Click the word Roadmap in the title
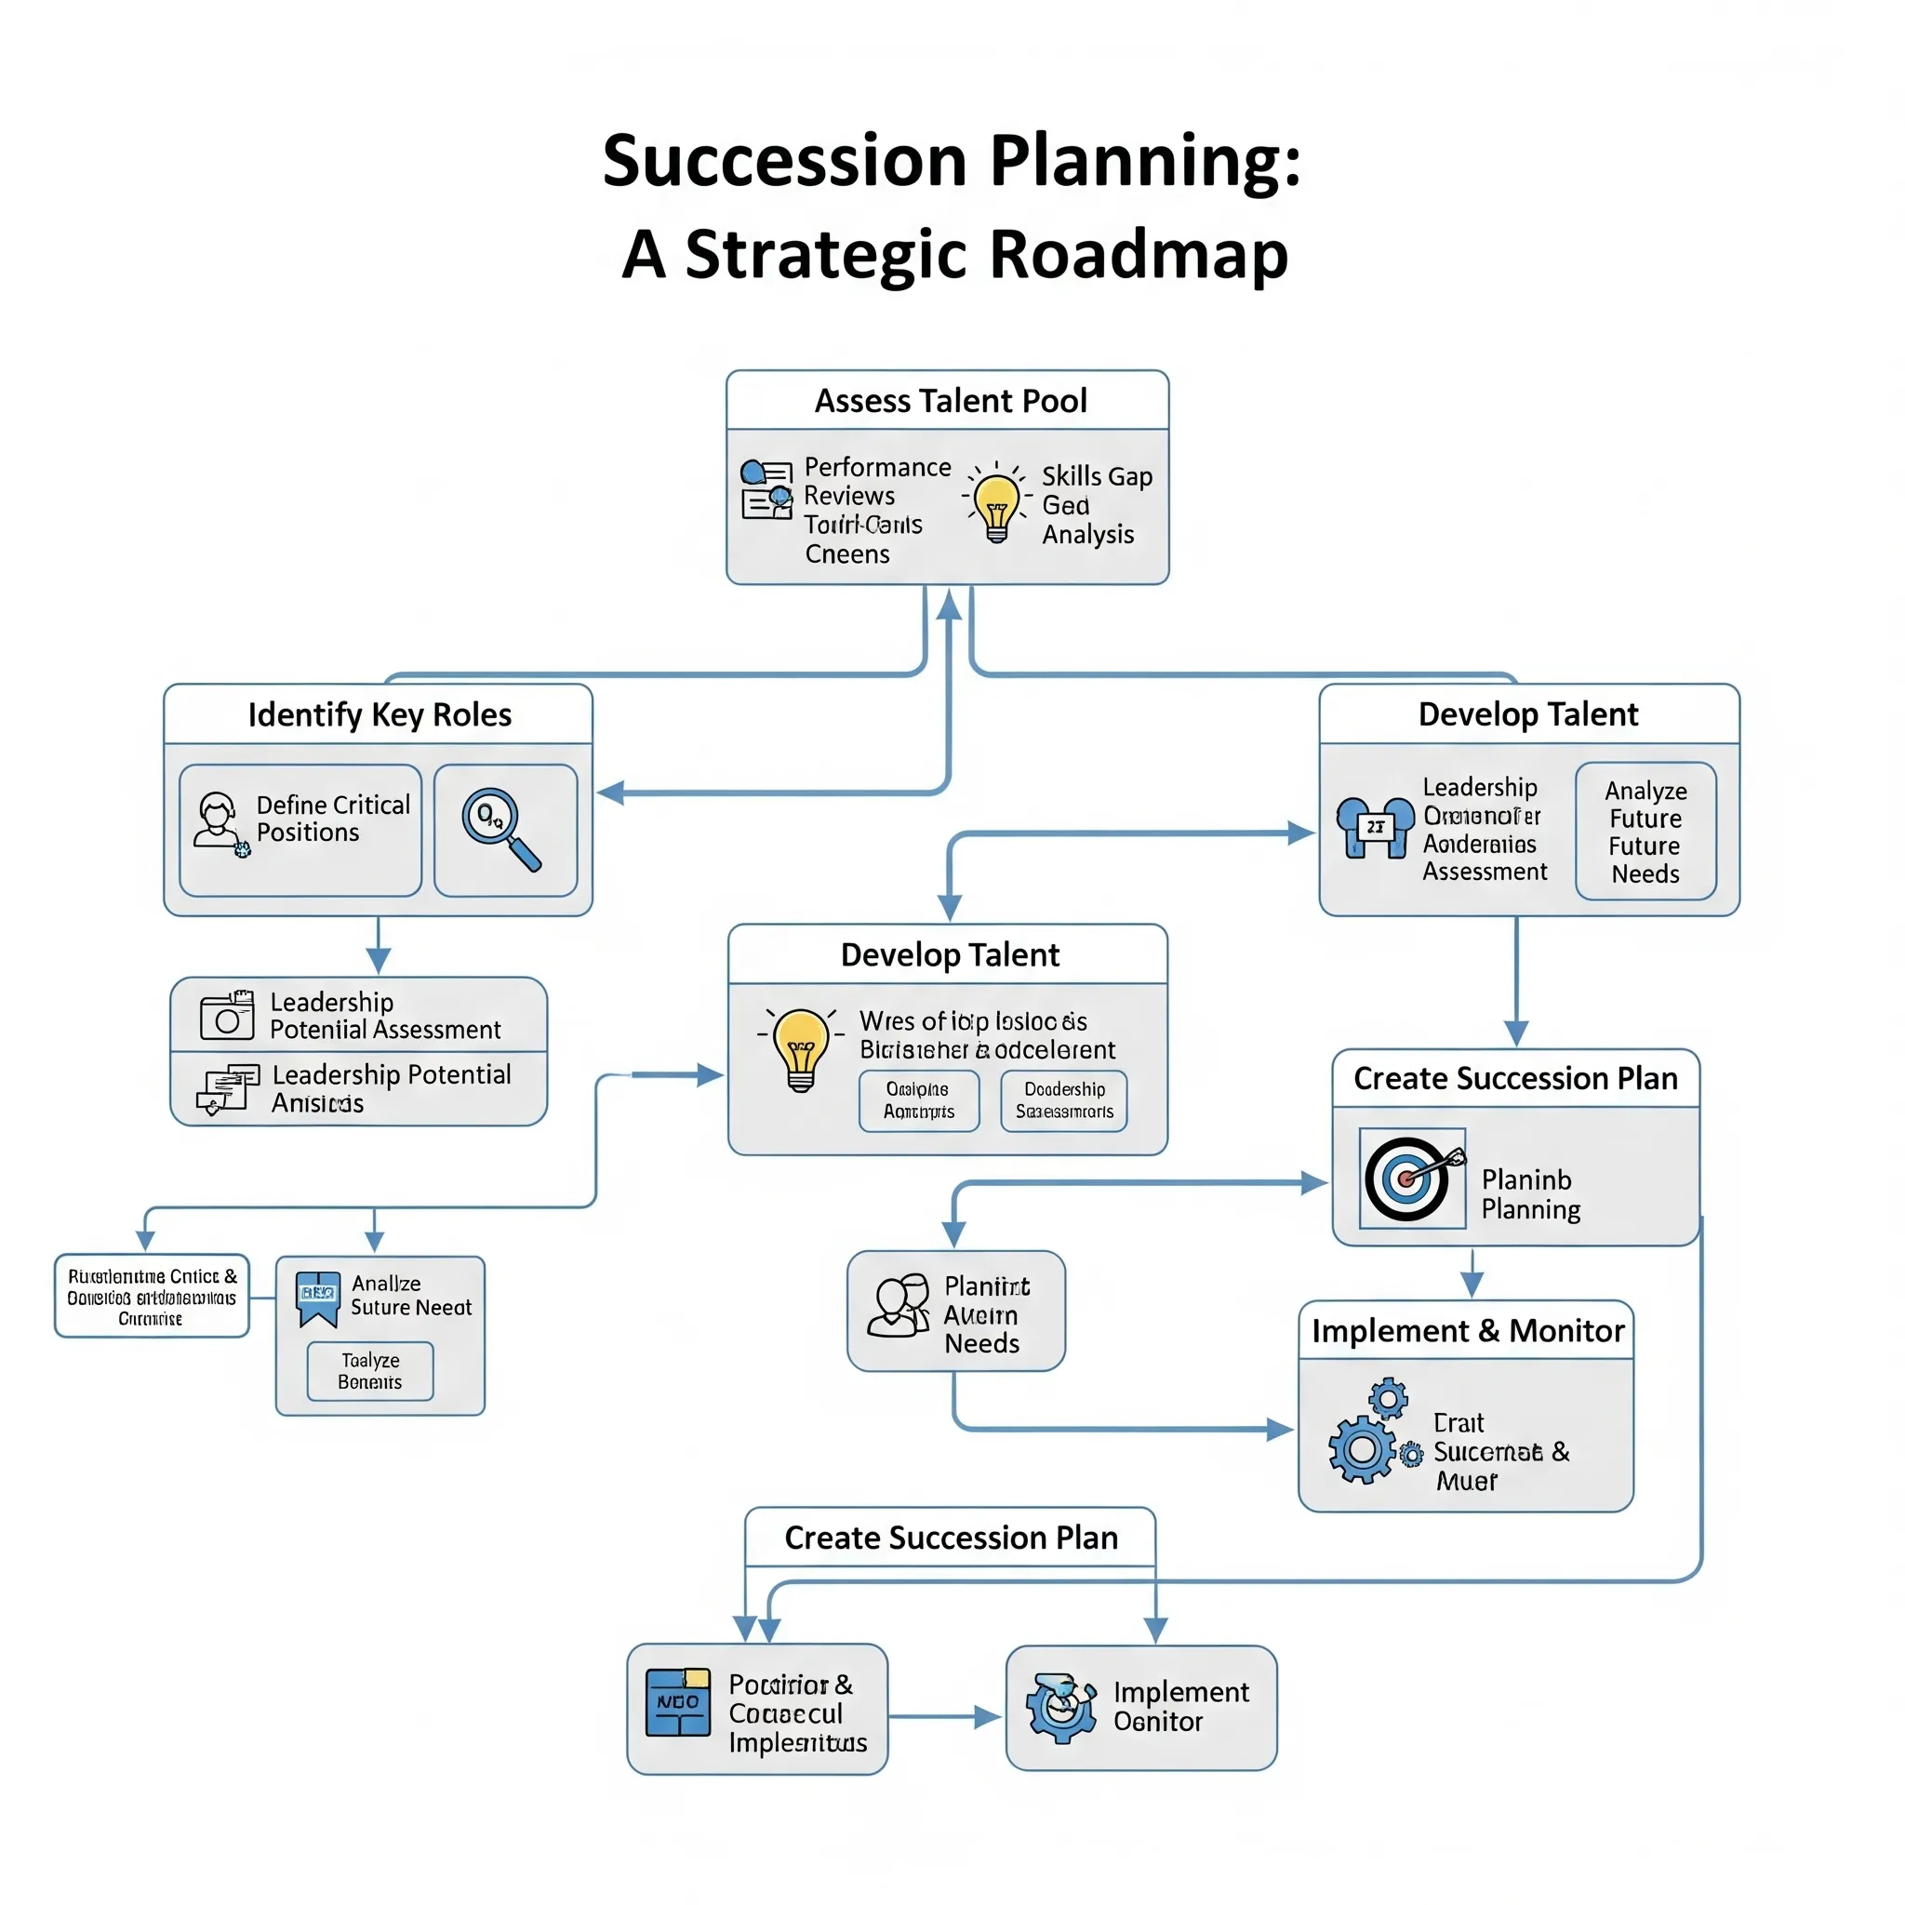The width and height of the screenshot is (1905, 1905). point(1138,254)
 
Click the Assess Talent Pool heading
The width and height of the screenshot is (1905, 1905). point(951,401)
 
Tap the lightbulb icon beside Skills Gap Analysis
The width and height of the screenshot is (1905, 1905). point(996,505)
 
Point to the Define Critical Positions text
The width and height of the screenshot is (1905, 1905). point(332,819)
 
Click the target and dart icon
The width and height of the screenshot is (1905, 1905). point(1411,1178)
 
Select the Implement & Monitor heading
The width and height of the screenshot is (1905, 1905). point(1467,1331)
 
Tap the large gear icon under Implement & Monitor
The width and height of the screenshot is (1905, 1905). point(1362,1449)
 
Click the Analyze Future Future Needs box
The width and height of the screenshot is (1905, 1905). point(1645,832)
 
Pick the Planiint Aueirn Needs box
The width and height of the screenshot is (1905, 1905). point(955,1312)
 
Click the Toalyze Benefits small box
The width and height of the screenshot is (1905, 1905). point(370,1370)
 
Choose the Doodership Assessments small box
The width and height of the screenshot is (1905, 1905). point(1063,1100)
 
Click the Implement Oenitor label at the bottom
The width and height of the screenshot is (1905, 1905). point(1180,1707)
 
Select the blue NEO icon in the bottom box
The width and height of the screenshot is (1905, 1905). point(677,1702)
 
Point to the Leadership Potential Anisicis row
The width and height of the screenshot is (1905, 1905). point(359,1088)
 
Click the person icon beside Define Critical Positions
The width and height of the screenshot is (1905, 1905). point(218,821)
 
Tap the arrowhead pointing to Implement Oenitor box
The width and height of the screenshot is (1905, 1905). point(988,1717)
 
